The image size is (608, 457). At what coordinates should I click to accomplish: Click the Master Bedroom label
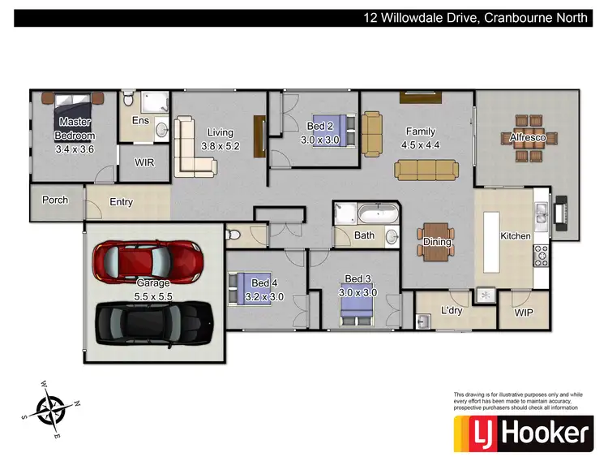(75, 129)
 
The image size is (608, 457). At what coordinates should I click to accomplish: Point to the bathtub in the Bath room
(379, 215)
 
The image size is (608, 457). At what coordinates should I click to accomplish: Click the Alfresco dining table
(532, 137)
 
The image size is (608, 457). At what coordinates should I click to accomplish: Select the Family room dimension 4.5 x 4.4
(420, 146)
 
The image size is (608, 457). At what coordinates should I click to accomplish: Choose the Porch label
(55, 200)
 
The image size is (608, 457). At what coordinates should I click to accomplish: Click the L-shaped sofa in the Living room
(191, 148)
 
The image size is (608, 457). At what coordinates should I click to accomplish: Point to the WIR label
(144, 162)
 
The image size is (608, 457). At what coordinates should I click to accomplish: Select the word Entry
(120, 202)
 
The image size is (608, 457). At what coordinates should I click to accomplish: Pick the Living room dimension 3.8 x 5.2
(220, 147)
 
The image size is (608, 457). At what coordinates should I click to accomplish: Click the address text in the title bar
(474, 17)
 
